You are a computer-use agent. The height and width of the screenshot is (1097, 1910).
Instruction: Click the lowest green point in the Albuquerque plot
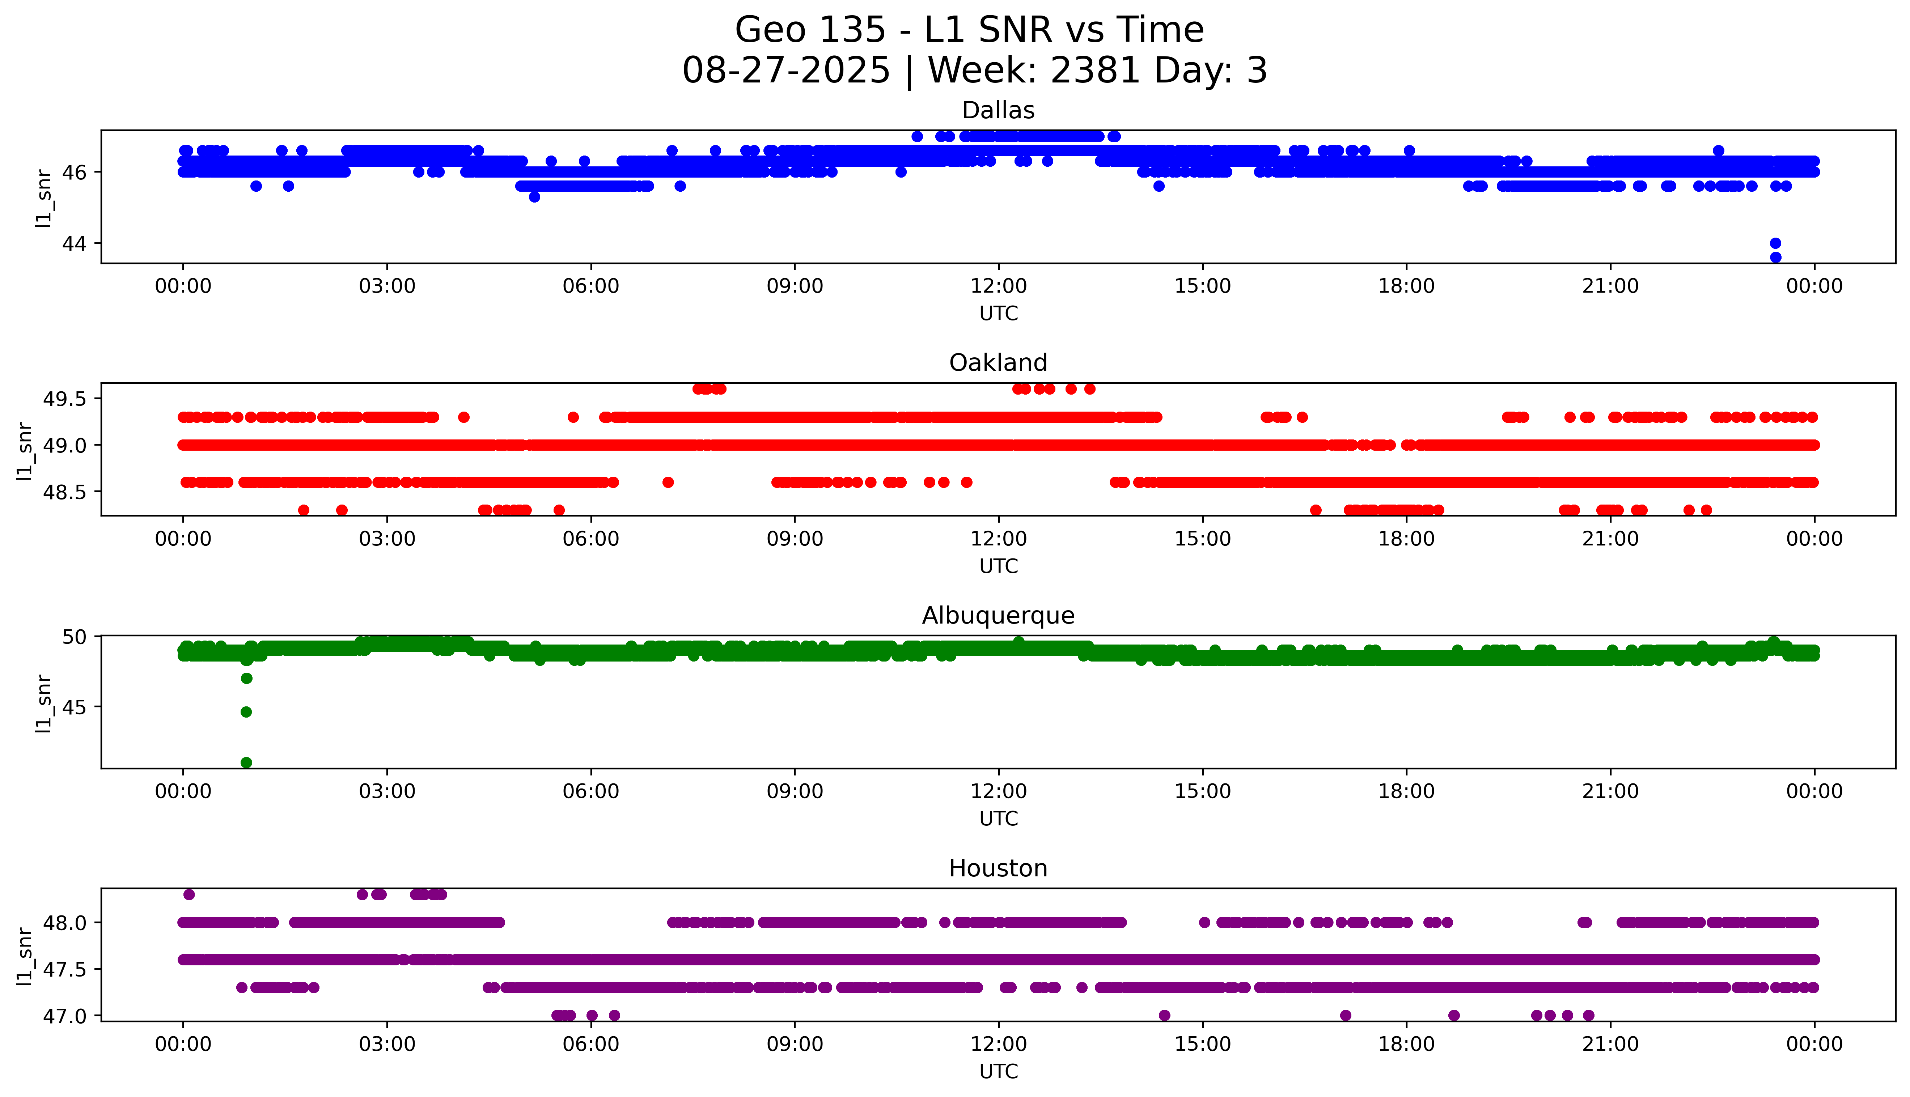246,762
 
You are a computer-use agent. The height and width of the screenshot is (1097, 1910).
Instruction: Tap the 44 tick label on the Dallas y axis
75,243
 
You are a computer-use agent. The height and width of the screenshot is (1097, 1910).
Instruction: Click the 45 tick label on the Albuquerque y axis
75,707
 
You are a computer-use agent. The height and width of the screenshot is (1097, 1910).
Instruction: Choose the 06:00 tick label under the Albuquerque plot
591,791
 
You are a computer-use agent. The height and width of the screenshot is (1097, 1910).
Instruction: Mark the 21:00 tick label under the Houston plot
1610,1044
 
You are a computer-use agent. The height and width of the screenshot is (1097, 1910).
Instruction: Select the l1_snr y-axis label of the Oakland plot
25,451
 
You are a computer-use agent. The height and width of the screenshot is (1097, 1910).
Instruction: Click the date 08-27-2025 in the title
786,71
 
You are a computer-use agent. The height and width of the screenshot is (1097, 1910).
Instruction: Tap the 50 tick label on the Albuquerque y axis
75,637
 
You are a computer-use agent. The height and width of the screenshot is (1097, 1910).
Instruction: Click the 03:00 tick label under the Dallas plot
387,286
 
